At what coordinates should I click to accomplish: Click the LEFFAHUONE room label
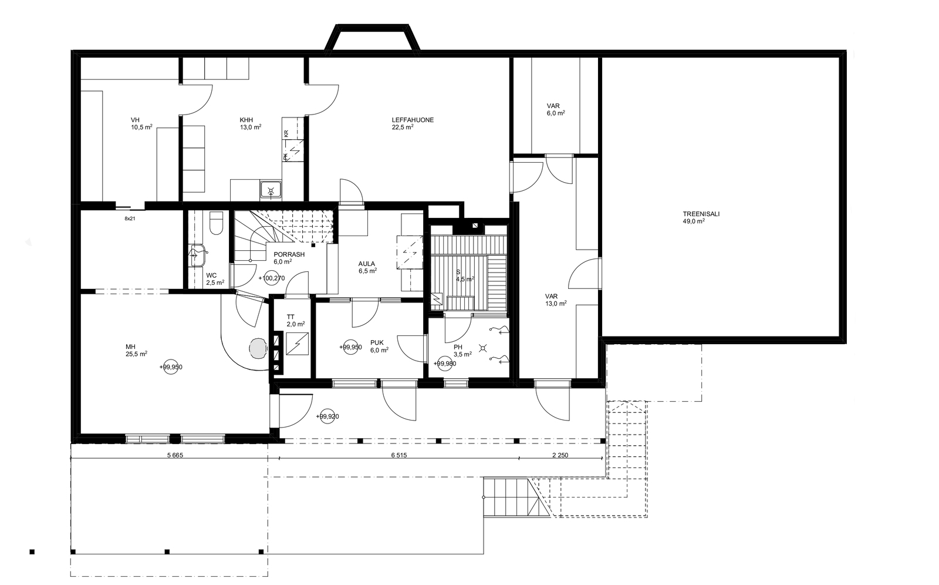pos(413,120)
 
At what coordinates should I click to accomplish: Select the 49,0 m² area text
pos(693,221)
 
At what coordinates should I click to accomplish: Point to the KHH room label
pos(246,120)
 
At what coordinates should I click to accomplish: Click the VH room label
pos(135,120)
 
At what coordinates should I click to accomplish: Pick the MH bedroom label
pos(130,347)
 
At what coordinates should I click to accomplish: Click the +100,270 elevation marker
pos(272,278)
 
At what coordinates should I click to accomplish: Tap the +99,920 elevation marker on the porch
pos(327,416)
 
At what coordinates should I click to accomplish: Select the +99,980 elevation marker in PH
pos(444,364)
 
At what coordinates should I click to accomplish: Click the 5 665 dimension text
pos(175,455)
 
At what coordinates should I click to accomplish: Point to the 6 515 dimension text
pos(399,455)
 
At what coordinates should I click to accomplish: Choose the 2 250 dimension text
pos(560,455)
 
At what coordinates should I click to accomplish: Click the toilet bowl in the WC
pos(217,223)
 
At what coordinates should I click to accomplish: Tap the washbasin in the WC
pos(197,255)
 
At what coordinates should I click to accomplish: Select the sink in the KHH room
pos(271,191)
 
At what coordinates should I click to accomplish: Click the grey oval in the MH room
pos(258,348)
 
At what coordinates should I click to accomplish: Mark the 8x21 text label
pos(130,218)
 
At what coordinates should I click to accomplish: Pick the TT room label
pos(291,317)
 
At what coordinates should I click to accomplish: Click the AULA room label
pos(367,264)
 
